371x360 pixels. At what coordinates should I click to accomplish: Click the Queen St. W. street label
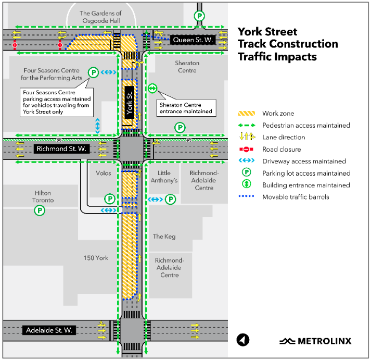point(193,40)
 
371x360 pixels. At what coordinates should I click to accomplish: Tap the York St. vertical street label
point(130,102)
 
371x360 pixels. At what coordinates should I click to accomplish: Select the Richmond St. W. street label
point(61,148)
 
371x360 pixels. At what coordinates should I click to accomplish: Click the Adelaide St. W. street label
point(49,330)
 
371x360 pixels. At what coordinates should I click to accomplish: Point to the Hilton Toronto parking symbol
point(40,210)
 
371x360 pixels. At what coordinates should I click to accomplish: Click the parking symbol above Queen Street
point(199,16)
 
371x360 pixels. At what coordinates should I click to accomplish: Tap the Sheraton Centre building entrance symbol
point(152,89)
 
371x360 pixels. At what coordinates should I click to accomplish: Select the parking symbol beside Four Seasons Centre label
point(94,72)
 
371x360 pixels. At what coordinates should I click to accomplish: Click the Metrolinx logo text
point(324,341)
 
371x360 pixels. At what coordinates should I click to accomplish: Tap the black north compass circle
point(243,340)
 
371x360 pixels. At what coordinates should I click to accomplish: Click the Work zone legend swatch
point(247,113)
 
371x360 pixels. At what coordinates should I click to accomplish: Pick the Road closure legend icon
point(246,149)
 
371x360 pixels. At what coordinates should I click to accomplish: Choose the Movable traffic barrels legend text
point(296,197)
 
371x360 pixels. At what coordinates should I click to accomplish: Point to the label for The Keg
point(164,237)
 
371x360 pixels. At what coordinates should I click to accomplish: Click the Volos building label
point(104,173)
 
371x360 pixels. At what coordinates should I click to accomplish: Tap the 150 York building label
point(96,258)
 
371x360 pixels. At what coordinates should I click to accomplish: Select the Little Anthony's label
point(164,177)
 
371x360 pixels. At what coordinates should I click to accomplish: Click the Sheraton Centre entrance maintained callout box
point(186,108)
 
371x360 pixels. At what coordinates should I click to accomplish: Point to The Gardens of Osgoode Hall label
point(101,17)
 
